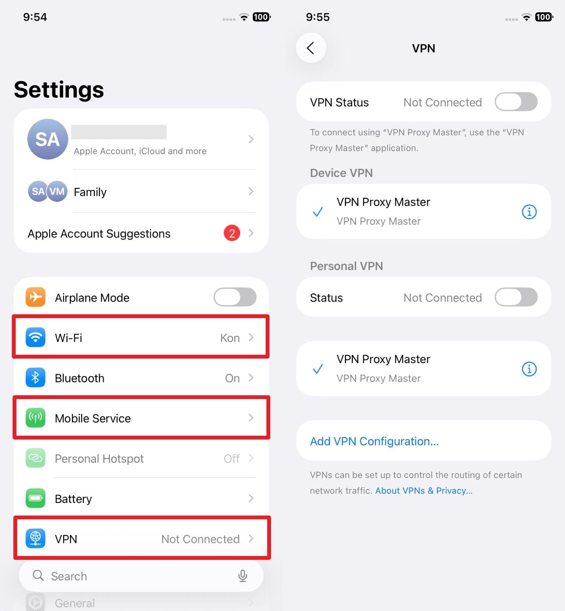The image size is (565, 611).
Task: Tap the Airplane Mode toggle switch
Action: [235, 297]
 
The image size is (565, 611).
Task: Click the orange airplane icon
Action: [36, 297]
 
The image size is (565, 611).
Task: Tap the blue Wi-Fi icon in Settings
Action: [36, 338]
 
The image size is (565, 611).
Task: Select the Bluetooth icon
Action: [36, 378]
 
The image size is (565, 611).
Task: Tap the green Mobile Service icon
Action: [36, 418]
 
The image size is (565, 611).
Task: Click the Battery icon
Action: [36, 498]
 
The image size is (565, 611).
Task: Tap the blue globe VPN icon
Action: [36, 538]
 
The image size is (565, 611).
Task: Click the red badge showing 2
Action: [232, 233]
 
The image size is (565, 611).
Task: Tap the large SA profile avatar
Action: [48, 139]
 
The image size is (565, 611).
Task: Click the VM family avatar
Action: [57, 191]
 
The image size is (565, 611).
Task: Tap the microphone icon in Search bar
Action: [242, 576]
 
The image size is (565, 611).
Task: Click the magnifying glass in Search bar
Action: [38, 575]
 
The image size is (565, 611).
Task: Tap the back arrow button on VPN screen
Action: [311, 48]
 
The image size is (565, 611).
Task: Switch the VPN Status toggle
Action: [516, 102]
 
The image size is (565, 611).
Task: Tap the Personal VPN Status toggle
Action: [516, 297]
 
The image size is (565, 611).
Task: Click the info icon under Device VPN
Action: [529, 212]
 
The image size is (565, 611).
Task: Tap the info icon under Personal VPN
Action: [529, 369]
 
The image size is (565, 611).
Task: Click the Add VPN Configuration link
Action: [374, 441]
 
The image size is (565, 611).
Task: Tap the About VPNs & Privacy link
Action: [424, 491]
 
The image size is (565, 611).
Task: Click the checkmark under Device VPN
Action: [318, 212]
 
